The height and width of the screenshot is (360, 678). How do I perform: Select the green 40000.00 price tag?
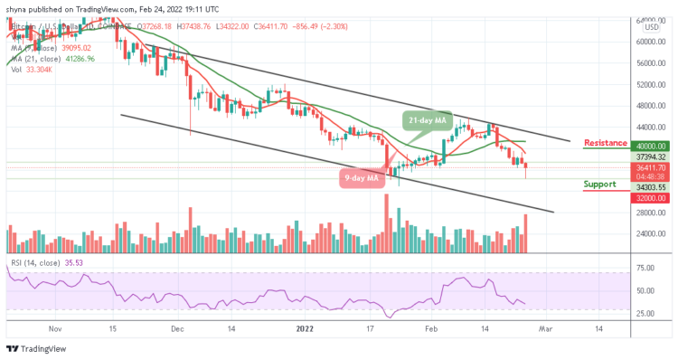(x=650, y=146)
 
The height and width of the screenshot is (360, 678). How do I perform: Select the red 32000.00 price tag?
(x=650, y=196)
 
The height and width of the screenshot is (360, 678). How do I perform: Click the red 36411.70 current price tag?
(x=650, y=167)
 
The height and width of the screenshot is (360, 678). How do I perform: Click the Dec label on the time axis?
(x=177, y=331)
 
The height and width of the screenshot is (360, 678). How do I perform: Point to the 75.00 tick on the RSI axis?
(x=645, y=269)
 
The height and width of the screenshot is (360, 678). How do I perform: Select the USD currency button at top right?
(x=650, y=27)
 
